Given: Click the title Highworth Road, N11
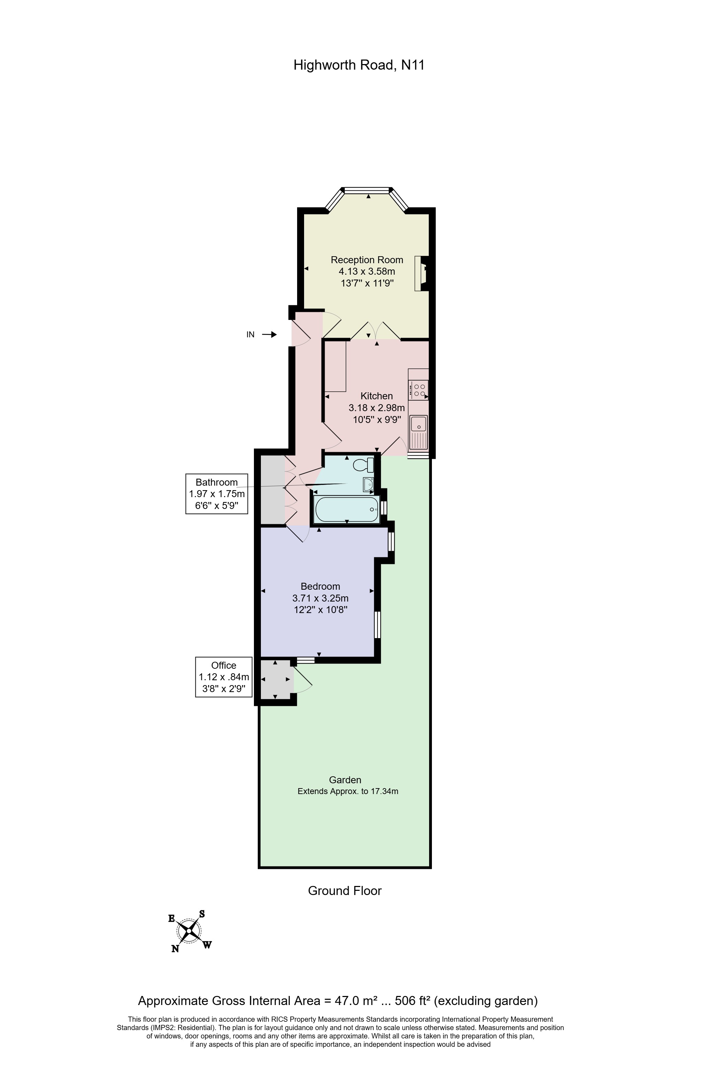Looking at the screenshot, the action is [x=359, y=65].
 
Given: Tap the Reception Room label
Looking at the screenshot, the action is [x=367, y=260].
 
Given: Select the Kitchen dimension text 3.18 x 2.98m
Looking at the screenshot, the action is [x=377, y=408].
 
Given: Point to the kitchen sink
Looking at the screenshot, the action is [x=418, y=432].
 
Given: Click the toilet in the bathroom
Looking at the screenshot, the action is [x=363, y=465].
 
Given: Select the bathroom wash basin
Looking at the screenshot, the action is [x=368, y=484].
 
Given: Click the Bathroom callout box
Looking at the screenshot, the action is [x=217, y=494].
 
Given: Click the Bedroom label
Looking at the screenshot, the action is [x=320, y=586].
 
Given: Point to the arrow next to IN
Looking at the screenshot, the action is [x=270, y=335].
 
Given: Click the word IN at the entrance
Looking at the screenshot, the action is [x=250, y=335].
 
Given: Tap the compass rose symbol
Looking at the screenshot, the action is [x=189, y=931].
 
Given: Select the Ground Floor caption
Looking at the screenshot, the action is [x=345, y=890].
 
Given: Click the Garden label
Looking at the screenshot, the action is [x=345, y=779].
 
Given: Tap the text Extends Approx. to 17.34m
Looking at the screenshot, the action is [x=348, y=791].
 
